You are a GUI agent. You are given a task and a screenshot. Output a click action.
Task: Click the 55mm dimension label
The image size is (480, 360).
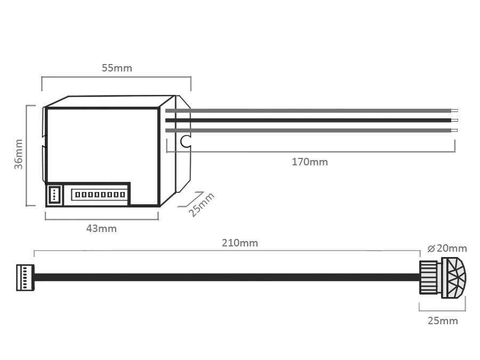tap(117, 68)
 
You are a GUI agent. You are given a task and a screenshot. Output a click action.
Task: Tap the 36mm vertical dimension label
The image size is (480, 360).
tap(19, 154)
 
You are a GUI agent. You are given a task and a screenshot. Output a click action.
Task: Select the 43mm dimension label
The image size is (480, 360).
tap(101, 229)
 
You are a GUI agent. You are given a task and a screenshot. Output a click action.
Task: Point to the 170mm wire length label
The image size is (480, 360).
tap(309, 162)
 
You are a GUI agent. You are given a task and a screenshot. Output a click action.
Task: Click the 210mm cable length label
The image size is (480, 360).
tap(240, 243)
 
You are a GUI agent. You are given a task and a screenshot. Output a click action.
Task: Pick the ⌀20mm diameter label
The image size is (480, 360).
tap(447, 248)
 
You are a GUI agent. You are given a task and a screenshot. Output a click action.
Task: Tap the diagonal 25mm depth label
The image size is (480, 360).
tap(201, 205)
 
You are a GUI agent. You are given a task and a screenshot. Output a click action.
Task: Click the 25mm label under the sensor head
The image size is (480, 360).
tap(443, 321)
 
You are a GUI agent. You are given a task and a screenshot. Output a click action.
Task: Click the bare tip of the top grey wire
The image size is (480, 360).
tap(454, 111)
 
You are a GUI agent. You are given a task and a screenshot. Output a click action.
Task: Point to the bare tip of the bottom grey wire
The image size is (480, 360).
tap(454, 130)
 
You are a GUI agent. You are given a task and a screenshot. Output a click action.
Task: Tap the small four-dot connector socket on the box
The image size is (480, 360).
tap(54, 194)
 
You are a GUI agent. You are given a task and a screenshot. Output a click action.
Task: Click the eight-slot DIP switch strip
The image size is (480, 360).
tap(100, 194)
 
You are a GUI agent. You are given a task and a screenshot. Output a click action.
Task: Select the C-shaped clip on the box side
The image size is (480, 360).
tap(185, 141)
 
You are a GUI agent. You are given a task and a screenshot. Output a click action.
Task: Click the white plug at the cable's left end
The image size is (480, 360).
tap(25, 277)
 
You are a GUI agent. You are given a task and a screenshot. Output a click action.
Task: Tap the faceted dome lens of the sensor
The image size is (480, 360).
tap(454, 278)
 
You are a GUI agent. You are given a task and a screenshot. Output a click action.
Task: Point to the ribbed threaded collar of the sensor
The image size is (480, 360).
tap(428, 277)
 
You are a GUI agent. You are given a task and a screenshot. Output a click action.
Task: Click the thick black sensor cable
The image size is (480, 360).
tap(227, 277)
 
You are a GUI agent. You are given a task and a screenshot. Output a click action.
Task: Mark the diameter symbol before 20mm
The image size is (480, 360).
tap(431, 249)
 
